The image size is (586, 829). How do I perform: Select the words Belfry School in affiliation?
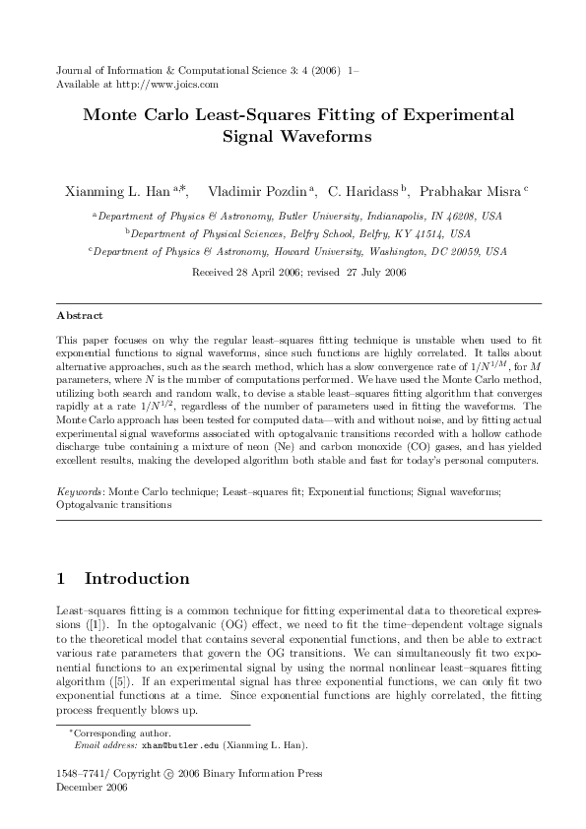point(296,233)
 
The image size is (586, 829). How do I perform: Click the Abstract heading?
point(78,317)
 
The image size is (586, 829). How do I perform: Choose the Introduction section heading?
point(137,578)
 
